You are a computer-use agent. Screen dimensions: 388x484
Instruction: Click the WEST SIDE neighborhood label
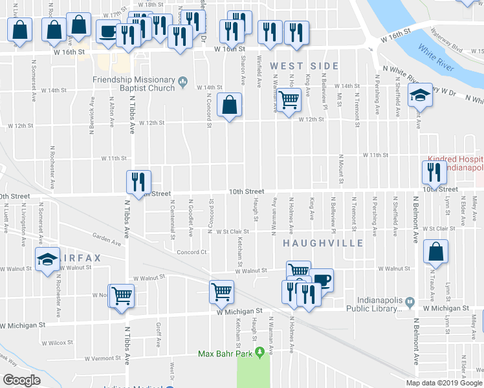[304, 66]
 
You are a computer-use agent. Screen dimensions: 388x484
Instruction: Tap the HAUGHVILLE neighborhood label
[313, 243]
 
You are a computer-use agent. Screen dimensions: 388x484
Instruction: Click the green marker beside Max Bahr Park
[259, 352]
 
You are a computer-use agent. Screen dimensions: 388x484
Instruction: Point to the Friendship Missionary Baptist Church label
[133, 83]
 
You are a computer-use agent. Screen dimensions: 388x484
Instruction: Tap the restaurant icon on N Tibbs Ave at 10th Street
[138, 183]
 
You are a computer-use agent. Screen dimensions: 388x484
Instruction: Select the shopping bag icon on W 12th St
[230, 105]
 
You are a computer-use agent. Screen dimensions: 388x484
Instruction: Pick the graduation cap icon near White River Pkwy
[420, 96]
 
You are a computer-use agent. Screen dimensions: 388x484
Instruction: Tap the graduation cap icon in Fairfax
[48, 259]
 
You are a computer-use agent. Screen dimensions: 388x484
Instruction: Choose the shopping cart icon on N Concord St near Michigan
[221, 292]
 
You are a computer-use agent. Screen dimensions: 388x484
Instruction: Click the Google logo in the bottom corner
[21, 380]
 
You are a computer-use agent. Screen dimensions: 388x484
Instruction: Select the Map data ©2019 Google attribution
[443, 383]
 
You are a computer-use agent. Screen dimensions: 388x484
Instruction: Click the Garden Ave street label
[107, 239]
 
